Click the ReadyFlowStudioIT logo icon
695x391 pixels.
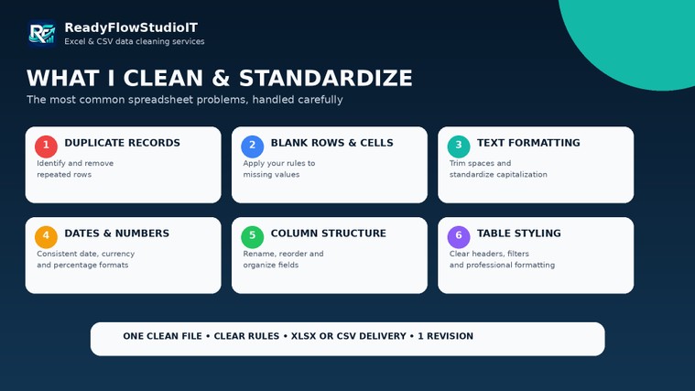click(x=42, y=33)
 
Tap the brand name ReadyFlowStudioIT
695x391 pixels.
click(x=131, y=27)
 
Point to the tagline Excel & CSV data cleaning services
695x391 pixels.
click(x=135, y=41)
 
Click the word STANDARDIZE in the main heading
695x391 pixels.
click(x=326, y=78)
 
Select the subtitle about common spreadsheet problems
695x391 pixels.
click(x=184, y=99)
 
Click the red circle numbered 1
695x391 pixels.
click(x=46, y=147)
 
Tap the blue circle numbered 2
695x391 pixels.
click(x=252, y=147)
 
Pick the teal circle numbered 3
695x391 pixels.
click(x=459, y=147)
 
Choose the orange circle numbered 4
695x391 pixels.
click(x=46, y=237)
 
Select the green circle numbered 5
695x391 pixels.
click(x=252, y=237)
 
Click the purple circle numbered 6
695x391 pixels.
click(x=459, y=237)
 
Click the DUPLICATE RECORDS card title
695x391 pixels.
click(x=123, y=143)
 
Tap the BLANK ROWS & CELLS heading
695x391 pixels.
click(x=332, y=143)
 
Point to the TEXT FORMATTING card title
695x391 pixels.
click(x=528, y=143)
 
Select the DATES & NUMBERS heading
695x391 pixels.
click(x=117, y=234)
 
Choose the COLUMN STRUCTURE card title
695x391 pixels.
click(x=329, y=234)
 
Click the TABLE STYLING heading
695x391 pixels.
click(x=519, y=234)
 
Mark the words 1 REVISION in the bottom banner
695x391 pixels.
click(x=445, y=336)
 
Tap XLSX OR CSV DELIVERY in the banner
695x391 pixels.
click(x=348, y=336)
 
